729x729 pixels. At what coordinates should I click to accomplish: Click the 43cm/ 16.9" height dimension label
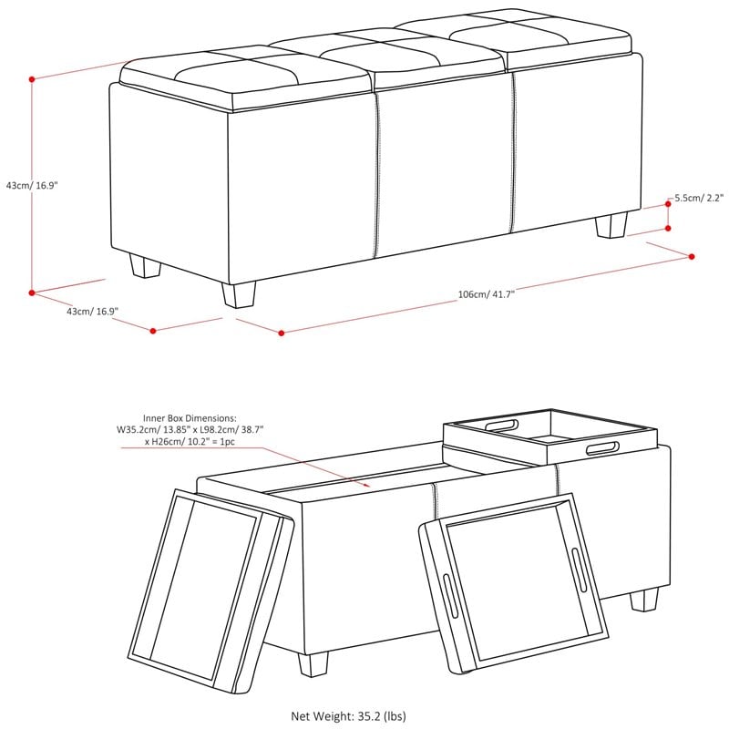pos(32,186)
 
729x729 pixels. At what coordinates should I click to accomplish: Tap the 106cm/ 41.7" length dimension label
pos(487,294)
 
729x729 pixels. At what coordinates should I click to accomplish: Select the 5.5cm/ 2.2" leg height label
pos(699,198)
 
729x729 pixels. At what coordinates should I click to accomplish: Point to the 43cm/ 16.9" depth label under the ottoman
pos(92,312)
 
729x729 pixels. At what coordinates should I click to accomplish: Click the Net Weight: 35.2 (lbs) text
pos(348,716)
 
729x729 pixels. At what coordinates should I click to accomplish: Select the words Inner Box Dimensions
pos(190,418)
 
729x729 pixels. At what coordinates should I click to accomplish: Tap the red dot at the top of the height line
pos(32,79)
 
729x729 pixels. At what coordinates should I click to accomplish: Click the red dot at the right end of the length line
pos(692,257)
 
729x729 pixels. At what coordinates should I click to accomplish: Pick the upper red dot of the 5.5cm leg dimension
pos(668,204)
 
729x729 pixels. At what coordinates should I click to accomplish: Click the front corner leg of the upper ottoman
pos(239,295)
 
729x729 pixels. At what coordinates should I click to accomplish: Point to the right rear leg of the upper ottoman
pos(611,225)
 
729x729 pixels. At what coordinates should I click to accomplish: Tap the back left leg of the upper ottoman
pos(145,266)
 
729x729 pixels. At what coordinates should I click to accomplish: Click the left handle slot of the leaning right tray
pos(450,596)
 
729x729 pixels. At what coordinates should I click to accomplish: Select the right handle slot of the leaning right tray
pos(579,563)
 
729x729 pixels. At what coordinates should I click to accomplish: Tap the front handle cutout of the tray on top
pos(602,448)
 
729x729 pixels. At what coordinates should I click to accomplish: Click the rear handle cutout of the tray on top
pos(501,426)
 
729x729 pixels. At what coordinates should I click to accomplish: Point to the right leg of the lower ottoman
pos(644,600)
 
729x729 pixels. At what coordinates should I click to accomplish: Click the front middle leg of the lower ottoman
pos(313,665)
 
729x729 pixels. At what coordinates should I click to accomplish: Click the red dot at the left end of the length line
pos(282,333)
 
